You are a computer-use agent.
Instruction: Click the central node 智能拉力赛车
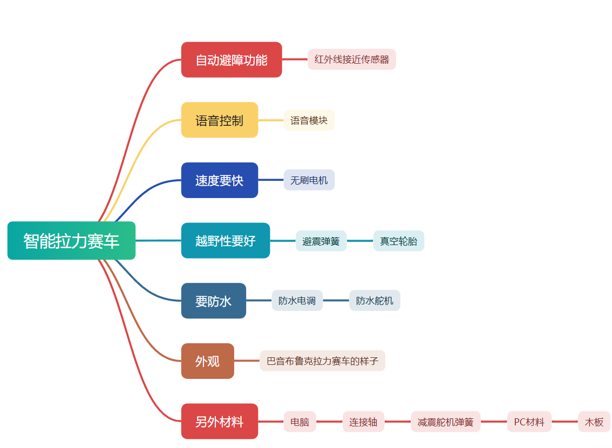(71, 241)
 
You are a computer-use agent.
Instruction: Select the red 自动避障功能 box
(232, 60)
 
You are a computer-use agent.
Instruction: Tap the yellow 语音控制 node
(219, 120)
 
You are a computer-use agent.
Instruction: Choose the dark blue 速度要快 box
(219, 180)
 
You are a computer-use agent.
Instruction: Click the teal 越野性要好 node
(225, 241)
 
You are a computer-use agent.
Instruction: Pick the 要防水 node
(213, 301)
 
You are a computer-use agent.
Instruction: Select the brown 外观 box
(207, 361)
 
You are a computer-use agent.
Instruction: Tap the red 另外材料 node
(219, 422)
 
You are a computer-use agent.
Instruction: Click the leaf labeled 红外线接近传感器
(352, 59)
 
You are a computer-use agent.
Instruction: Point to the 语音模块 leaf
(309, 120)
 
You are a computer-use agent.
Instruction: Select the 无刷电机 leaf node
(309, 180)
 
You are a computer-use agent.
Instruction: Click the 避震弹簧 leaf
(321, 241)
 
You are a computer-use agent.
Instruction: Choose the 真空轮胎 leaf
(398, 241)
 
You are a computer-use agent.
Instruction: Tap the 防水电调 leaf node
(297, 301)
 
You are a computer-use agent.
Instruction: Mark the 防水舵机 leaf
(375, 301)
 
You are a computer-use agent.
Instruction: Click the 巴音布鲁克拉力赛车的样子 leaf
(322, 361)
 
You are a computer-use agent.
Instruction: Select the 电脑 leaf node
(300, 422)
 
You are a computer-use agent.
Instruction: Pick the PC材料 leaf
(529, 422)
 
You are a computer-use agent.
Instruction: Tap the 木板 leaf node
(594, 422)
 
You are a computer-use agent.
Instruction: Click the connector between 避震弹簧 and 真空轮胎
(360, 241)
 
